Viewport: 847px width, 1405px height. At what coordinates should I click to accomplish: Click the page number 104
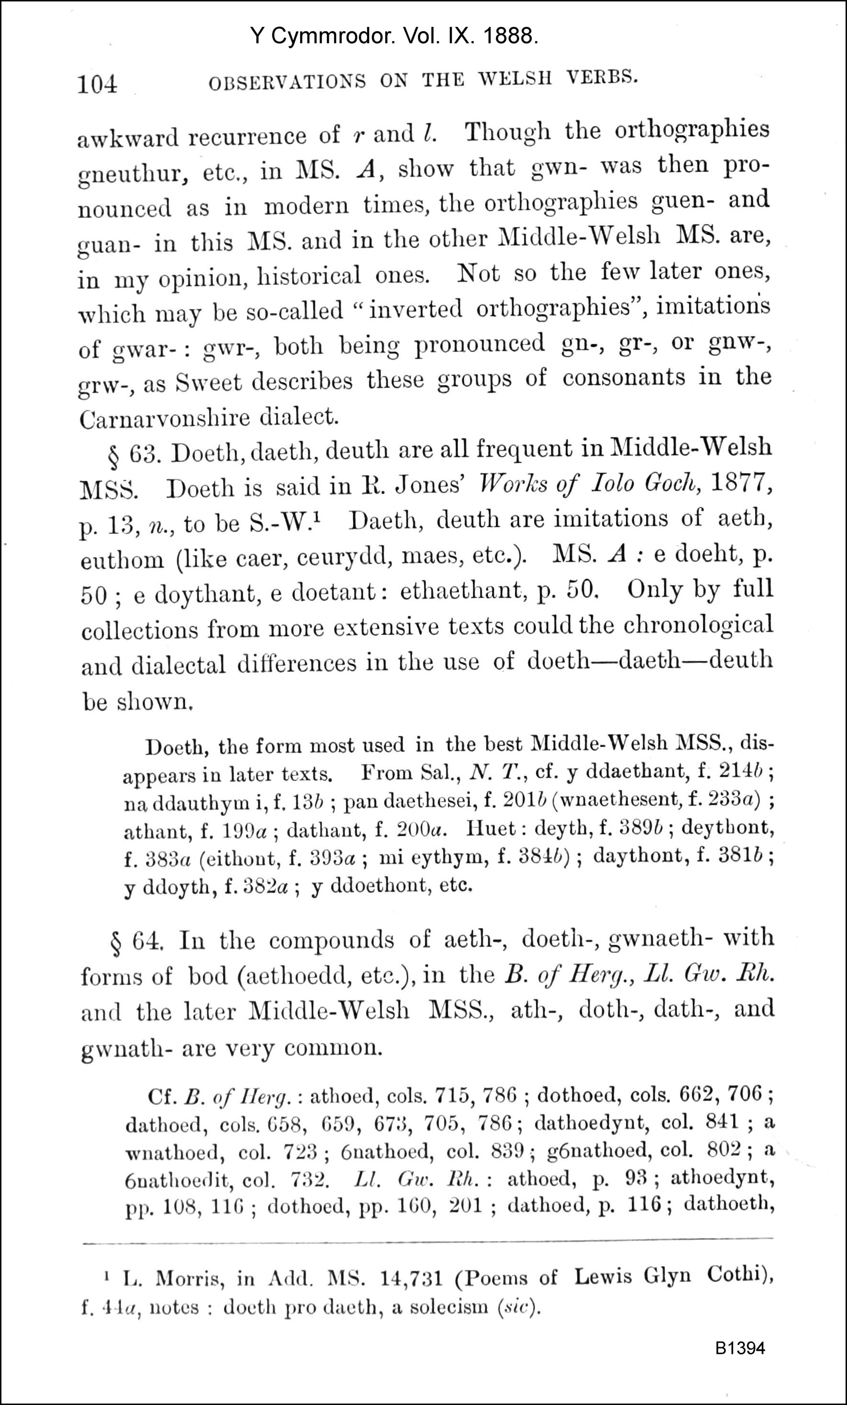[x=98, y=84]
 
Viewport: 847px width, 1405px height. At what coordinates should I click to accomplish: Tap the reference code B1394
[x=740, y=1348]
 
